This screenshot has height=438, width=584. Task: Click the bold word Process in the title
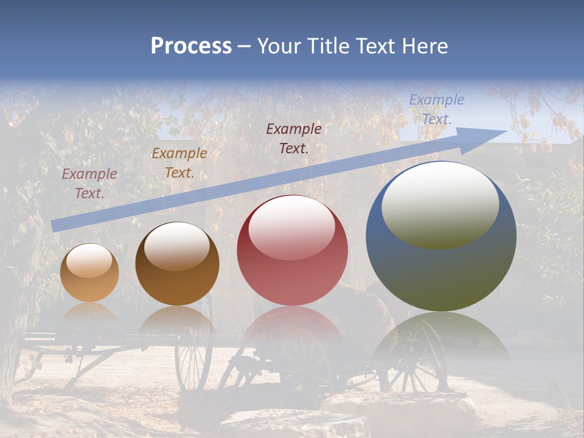point(191,46)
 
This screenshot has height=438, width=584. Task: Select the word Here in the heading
point(425,46)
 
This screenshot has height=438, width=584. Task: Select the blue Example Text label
point(436,109)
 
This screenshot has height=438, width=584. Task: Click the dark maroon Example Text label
point(294,138)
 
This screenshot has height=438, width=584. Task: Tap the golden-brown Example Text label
point(179,163)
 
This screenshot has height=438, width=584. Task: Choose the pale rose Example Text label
point(89,184)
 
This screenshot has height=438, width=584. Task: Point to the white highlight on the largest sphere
point(440,204)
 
